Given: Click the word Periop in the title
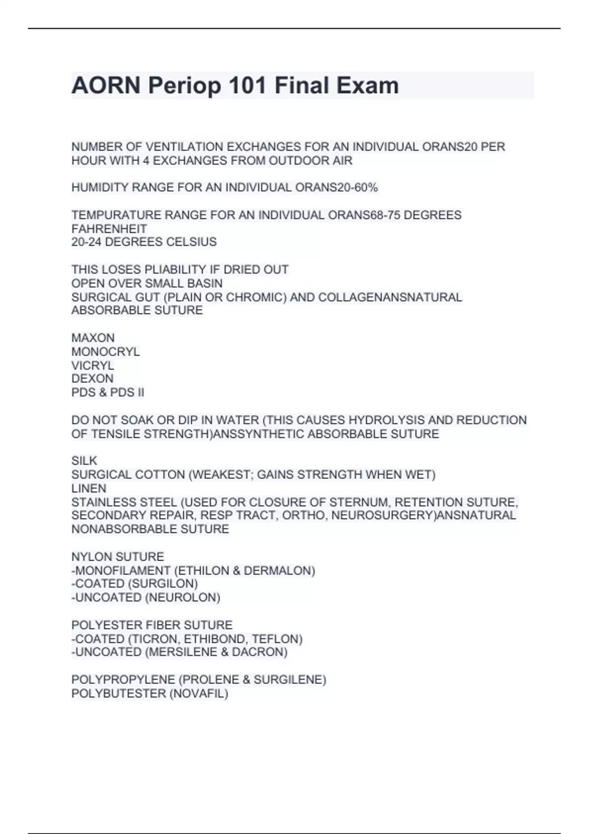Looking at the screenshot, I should (x=184, y=86).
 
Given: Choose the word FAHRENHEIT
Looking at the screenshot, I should (x=109, y=229).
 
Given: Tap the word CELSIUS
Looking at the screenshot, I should (x=193, y=242).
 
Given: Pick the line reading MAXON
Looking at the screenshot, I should (x=93, y=338).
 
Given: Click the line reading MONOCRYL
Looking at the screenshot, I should (x=105, y=352).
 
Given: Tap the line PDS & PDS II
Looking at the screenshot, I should (x=107, y=392).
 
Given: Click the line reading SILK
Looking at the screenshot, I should (x=84, y=461).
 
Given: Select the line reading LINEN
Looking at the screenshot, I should (x=88, y=488).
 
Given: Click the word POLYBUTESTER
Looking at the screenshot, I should (x=118, y=694).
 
